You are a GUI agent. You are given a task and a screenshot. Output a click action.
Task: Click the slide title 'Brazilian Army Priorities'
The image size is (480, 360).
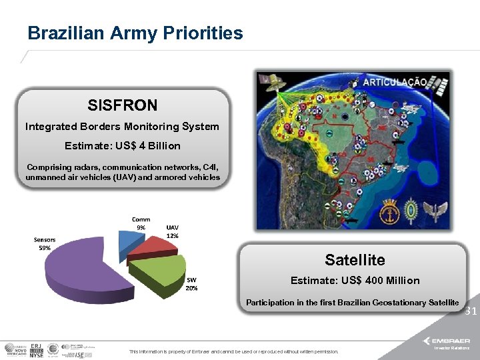pyautogui.click(x=135, y=33)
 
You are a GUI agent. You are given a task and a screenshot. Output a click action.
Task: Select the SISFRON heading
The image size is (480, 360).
pyautogui.click(x=123, y=105)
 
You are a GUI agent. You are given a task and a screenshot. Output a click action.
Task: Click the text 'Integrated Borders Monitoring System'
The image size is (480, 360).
pyautogui.click(x=122, y=126)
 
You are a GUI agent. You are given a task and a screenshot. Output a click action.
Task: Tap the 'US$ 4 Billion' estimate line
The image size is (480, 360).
pyautogui.click(x=122, y=145)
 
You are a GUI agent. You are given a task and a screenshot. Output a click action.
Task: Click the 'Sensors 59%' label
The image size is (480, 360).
pyautogui.click(x=45, y=243)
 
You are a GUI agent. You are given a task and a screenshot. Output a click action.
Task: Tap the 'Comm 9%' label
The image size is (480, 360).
pyautogui.click(x=141, y=223)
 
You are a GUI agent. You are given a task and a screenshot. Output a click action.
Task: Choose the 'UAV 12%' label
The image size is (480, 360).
pyautogui.click(x=172, y=231)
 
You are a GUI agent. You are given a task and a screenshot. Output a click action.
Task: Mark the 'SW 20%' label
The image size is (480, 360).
pyautogui.click(x=191, y=284)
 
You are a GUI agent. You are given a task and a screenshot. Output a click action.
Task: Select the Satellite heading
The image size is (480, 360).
pyautogui.click(x=355, y=259)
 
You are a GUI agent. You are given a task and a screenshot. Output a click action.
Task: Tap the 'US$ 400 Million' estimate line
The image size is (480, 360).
pyautogui.click(x=355, y=280)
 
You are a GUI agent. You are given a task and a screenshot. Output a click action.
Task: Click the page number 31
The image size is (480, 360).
pyautogui.click(x=470, y=311)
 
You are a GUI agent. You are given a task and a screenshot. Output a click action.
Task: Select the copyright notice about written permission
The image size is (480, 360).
pyautogui.click(x=233, y=351)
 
